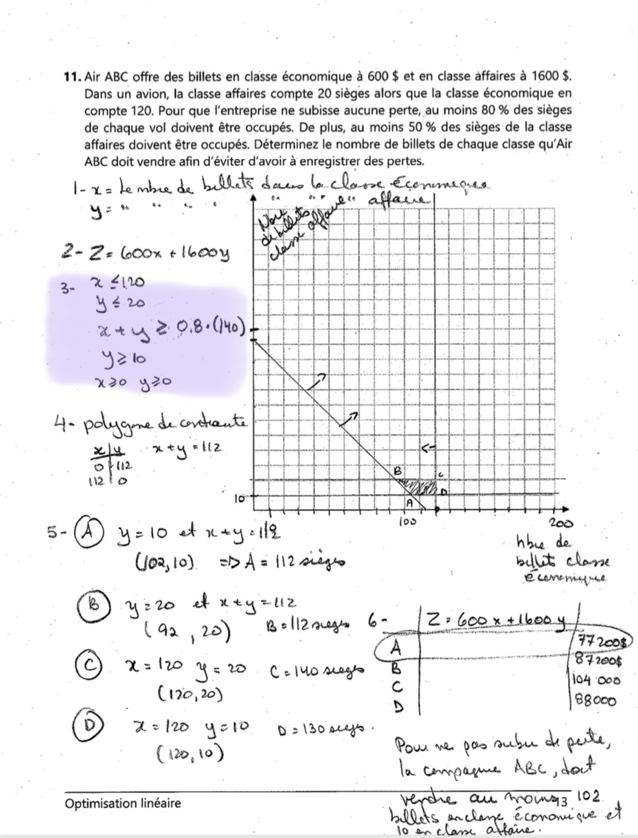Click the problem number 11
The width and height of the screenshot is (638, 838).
pyautogui.click(x=72, y=77)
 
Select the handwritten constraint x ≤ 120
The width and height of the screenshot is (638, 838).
pyautogui.click(x=120, y=283)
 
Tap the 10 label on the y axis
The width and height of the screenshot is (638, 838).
pyautogui.click(x=240, y=497)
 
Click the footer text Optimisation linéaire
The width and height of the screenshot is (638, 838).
pyautogui.click(x=122, y=804)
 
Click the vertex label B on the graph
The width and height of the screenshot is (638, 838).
pyautogui.click(x=397, y=471)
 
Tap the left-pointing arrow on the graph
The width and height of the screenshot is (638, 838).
pyautogui.click(x=428, y=448)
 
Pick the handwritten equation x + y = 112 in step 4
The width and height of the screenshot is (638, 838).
pyautogui.click(x=186, y=448)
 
